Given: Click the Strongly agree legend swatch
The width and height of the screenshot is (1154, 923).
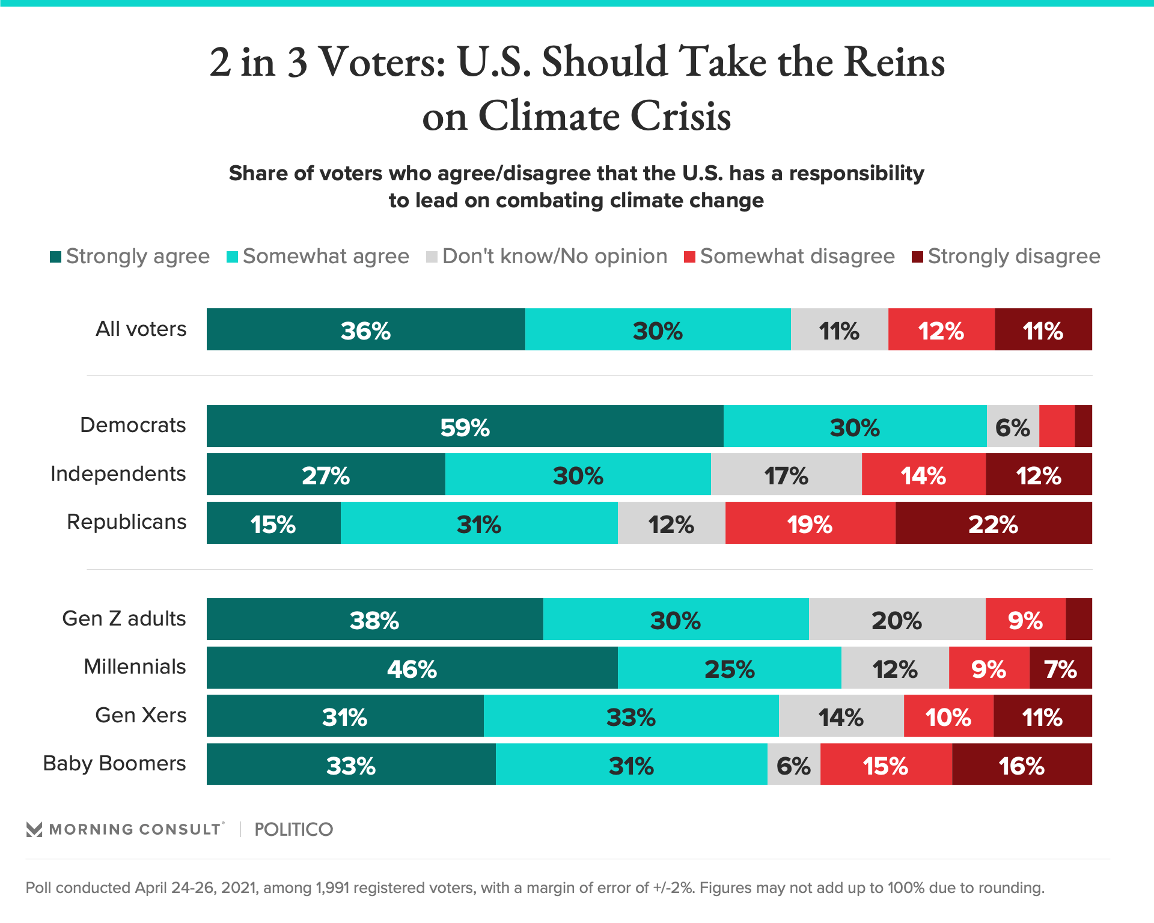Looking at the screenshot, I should coord(56,257).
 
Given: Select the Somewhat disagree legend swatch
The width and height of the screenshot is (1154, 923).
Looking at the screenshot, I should coord(690,257).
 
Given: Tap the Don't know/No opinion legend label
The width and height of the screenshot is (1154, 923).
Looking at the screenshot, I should coord(555,257).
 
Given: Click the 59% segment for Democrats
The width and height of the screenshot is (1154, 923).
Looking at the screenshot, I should coord(465,426).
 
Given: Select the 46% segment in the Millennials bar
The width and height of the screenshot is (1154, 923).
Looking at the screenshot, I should coord(412,668).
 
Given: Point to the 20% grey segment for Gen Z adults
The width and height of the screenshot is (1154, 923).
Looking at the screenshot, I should coord(897,619).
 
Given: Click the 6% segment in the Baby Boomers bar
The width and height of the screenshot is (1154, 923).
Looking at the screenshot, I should coord(793,764).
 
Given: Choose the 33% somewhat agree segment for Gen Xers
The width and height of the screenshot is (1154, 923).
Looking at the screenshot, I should coord(631,716).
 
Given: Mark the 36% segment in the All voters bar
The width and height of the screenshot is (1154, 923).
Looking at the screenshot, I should coord(365,329).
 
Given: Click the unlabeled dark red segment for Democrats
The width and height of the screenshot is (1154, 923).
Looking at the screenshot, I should coord(1083,426).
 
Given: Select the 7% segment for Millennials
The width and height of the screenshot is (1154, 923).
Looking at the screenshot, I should coord(1060,668).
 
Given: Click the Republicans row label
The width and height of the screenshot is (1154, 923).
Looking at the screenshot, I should coord(127,522).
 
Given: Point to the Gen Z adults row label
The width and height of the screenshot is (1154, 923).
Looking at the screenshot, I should coord(124,618).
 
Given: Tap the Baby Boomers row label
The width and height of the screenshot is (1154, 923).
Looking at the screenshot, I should coord(115,763).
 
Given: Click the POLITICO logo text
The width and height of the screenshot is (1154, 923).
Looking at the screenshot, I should coord(293,829).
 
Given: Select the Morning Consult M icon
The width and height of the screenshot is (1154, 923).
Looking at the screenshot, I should coord(34,829).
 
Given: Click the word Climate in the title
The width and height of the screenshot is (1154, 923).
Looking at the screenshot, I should coord(549,115).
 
